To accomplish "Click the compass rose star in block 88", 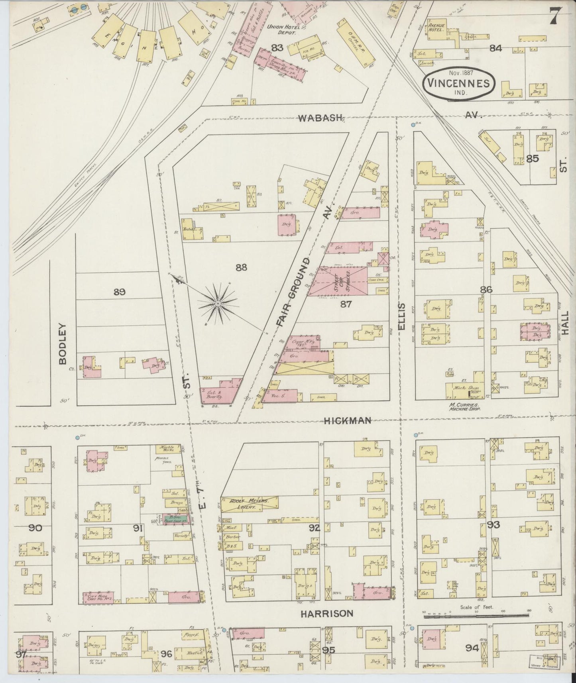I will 218,304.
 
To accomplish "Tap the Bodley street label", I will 63,343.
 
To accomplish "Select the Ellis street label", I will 401,317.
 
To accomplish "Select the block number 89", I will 119,292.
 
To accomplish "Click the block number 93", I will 493,524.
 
